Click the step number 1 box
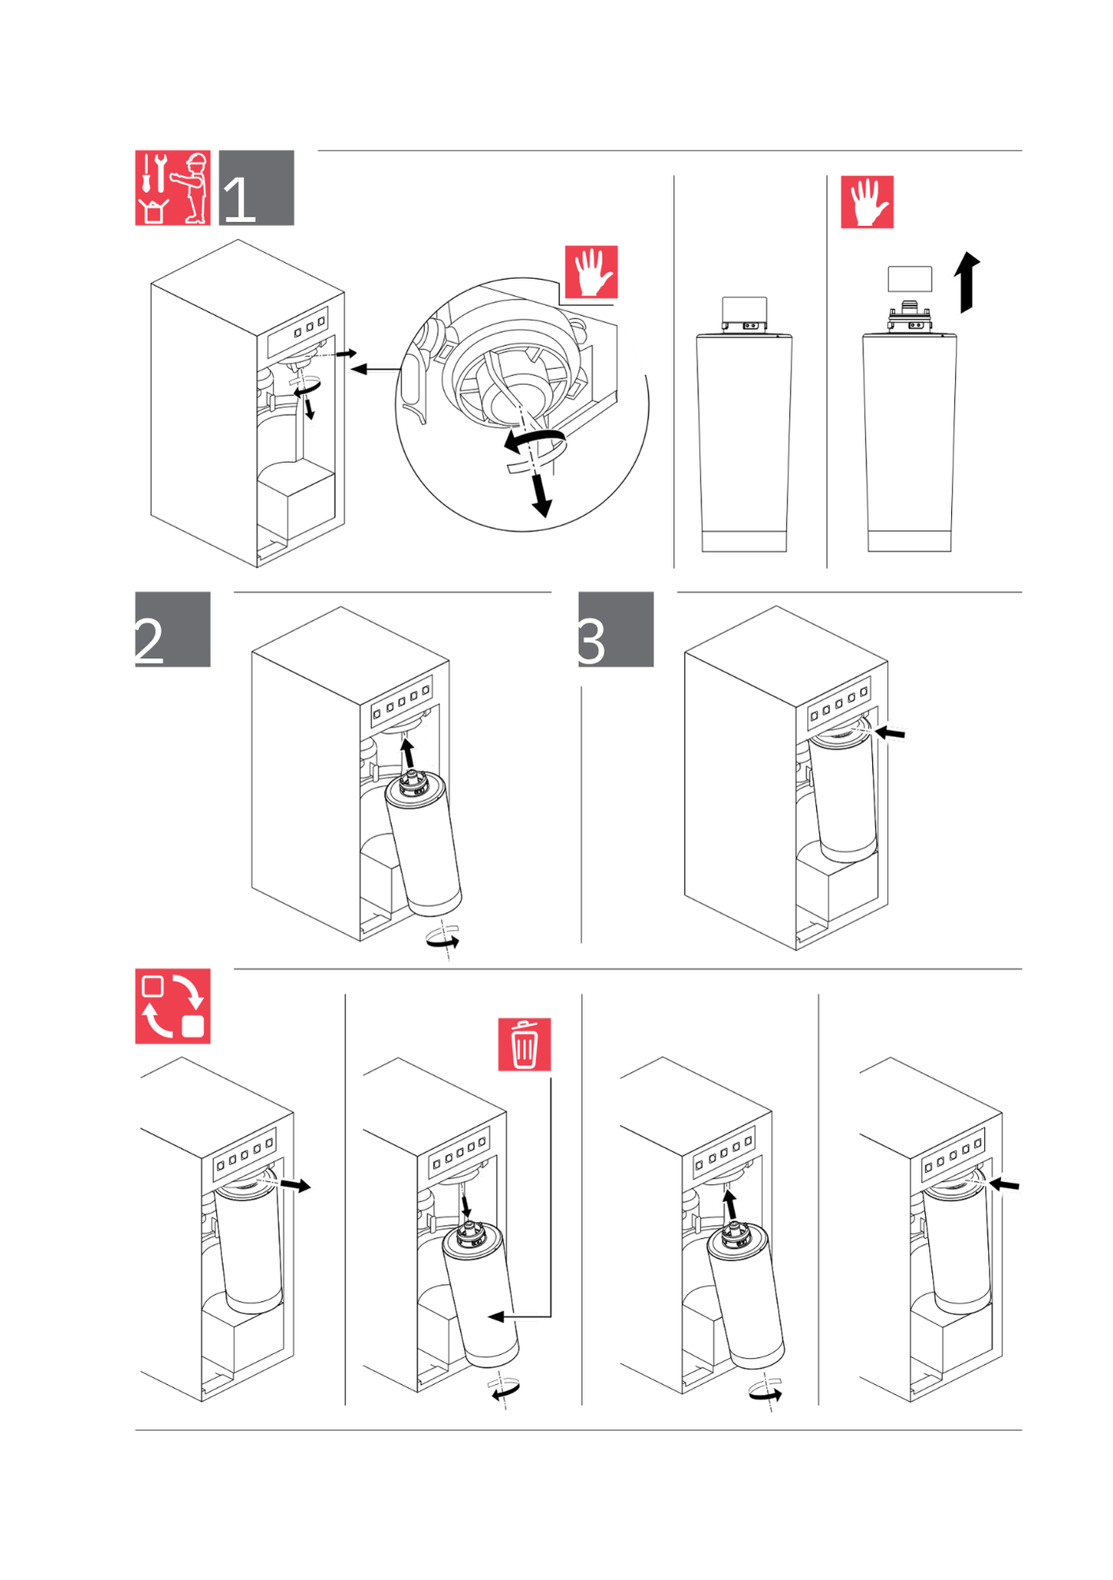256,188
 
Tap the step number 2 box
172,629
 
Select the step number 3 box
615,629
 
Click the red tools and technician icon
172,188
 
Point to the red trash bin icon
524,1044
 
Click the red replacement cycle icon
172,1006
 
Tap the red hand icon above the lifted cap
867,202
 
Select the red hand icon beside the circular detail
591,272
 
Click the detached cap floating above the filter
909,279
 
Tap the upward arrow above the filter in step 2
408,753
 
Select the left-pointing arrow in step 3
889,734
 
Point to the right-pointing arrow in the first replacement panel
296,1185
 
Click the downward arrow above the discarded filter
465,1206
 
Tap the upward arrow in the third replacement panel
730,1205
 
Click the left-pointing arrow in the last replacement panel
1004,1184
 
